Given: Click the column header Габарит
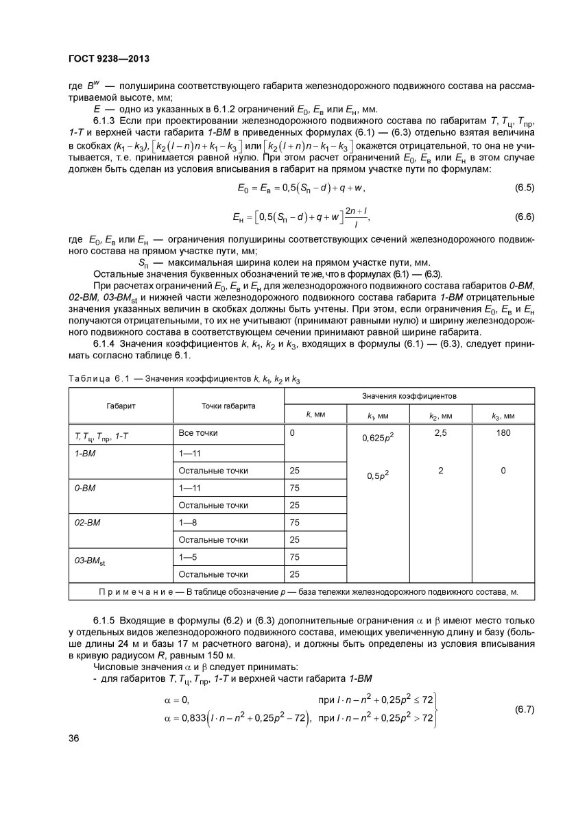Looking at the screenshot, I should [x=121, y=406].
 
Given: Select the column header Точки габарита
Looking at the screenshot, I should [x=228, y=406].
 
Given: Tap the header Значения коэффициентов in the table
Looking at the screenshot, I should [x=410, y=396].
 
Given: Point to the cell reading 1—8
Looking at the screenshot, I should [x=187, y=521].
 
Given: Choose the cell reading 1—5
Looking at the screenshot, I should [x=187, y=556].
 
